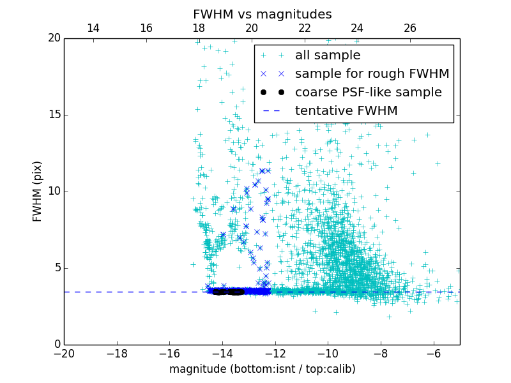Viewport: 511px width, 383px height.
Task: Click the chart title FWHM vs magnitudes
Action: [262, 14]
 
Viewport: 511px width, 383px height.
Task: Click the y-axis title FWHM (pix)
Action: [38, 191]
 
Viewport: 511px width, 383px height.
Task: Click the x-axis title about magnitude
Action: [262, 369]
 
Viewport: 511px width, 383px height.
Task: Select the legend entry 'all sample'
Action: [327, 56]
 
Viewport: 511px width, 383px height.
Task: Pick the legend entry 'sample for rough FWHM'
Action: [372, 74]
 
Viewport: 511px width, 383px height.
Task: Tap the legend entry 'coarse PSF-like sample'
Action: [368, 93]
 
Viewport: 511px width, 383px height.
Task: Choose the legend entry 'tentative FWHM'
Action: [346, 111]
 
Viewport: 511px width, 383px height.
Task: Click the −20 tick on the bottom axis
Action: [64, 353]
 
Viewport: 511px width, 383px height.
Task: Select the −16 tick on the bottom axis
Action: [169, 353]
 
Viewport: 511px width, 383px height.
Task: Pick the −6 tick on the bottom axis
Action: [434, 353]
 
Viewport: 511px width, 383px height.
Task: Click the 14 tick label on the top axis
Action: [93, 28]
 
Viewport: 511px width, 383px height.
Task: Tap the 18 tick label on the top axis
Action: [199, 28]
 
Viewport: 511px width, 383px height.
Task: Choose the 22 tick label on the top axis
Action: [305, 28]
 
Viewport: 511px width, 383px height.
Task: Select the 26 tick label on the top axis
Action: [410, 28]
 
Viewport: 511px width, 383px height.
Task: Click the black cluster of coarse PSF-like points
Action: [229, 292]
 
